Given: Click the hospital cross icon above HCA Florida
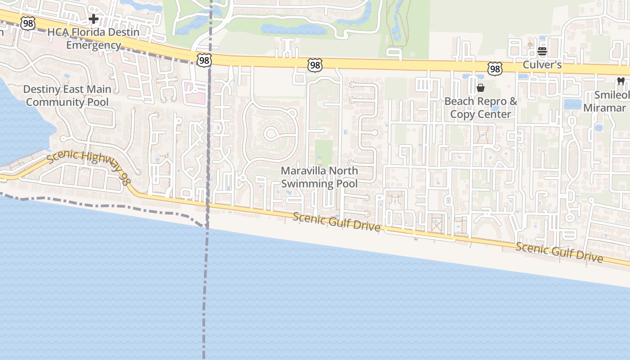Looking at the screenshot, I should (x=93, y=19).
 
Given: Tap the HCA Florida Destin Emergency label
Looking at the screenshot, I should (x=94, y=39).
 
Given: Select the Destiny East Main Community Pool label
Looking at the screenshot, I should (x=67, y=95).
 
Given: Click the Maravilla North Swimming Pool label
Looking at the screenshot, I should (x=319, y=177).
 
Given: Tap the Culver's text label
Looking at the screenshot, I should (x=542, y=65).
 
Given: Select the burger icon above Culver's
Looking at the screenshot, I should (x=542, y=51).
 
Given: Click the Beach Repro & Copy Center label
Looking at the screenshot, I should (x=481, y=108).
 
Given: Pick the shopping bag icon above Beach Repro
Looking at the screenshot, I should (x=481, y=88).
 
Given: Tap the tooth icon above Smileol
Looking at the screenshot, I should (x=621, y=81).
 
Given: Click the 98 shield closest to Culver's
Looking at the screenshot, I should (x=495, y=68).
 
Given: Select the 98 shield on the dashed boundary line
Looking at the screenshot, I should (x=204, y=60).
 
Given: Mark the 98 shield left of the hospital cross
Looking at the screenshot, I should (x=28, y=23).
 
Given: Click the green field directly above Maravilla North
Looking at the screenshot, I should (x=323, y=151).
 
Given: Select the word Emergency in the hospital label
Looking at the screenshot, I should (x=94, y=45).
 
